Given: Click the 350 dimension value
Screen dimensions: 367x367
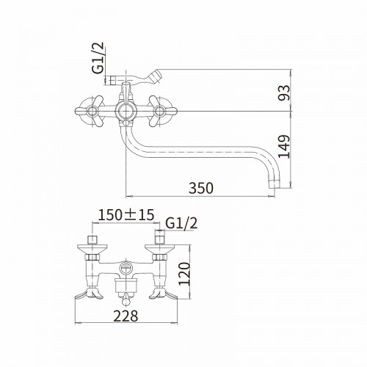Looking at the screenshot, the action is pyautogui.click(x=201, y=188).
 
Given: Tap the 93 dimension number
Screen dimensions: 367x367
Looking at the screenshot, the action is pyautogui.click(x=284, y=92).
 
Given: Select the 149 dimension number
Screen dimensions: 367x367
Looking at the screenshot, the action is pyautogui.click(x=284, y=146).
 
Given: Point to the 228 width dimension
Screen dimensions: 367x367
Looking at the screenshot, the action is pyautogui.click(x=126, y=316).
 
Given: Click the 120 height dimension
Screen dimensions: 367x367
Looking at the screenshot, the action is pyautogui.click(x=184, y=274).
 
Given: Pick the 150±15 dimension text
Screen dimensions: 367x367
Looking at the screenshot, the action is pyautogui.click(x=126, y=215).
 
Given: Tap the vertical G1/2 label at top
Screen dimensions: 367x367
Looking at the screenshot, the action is pyautogui.click(x=98, y=58).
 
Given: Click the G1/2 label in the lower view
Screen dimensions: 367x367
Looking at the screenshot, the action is pyautogui.click(x=181, y=223).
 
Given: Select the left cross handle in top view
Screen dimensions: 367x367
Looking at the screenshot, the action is pyautogui.click(x=92, y=111).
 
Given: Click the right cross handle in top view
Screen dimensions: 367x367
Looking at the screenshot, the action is pyautogui.click(x=159, y=111).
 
